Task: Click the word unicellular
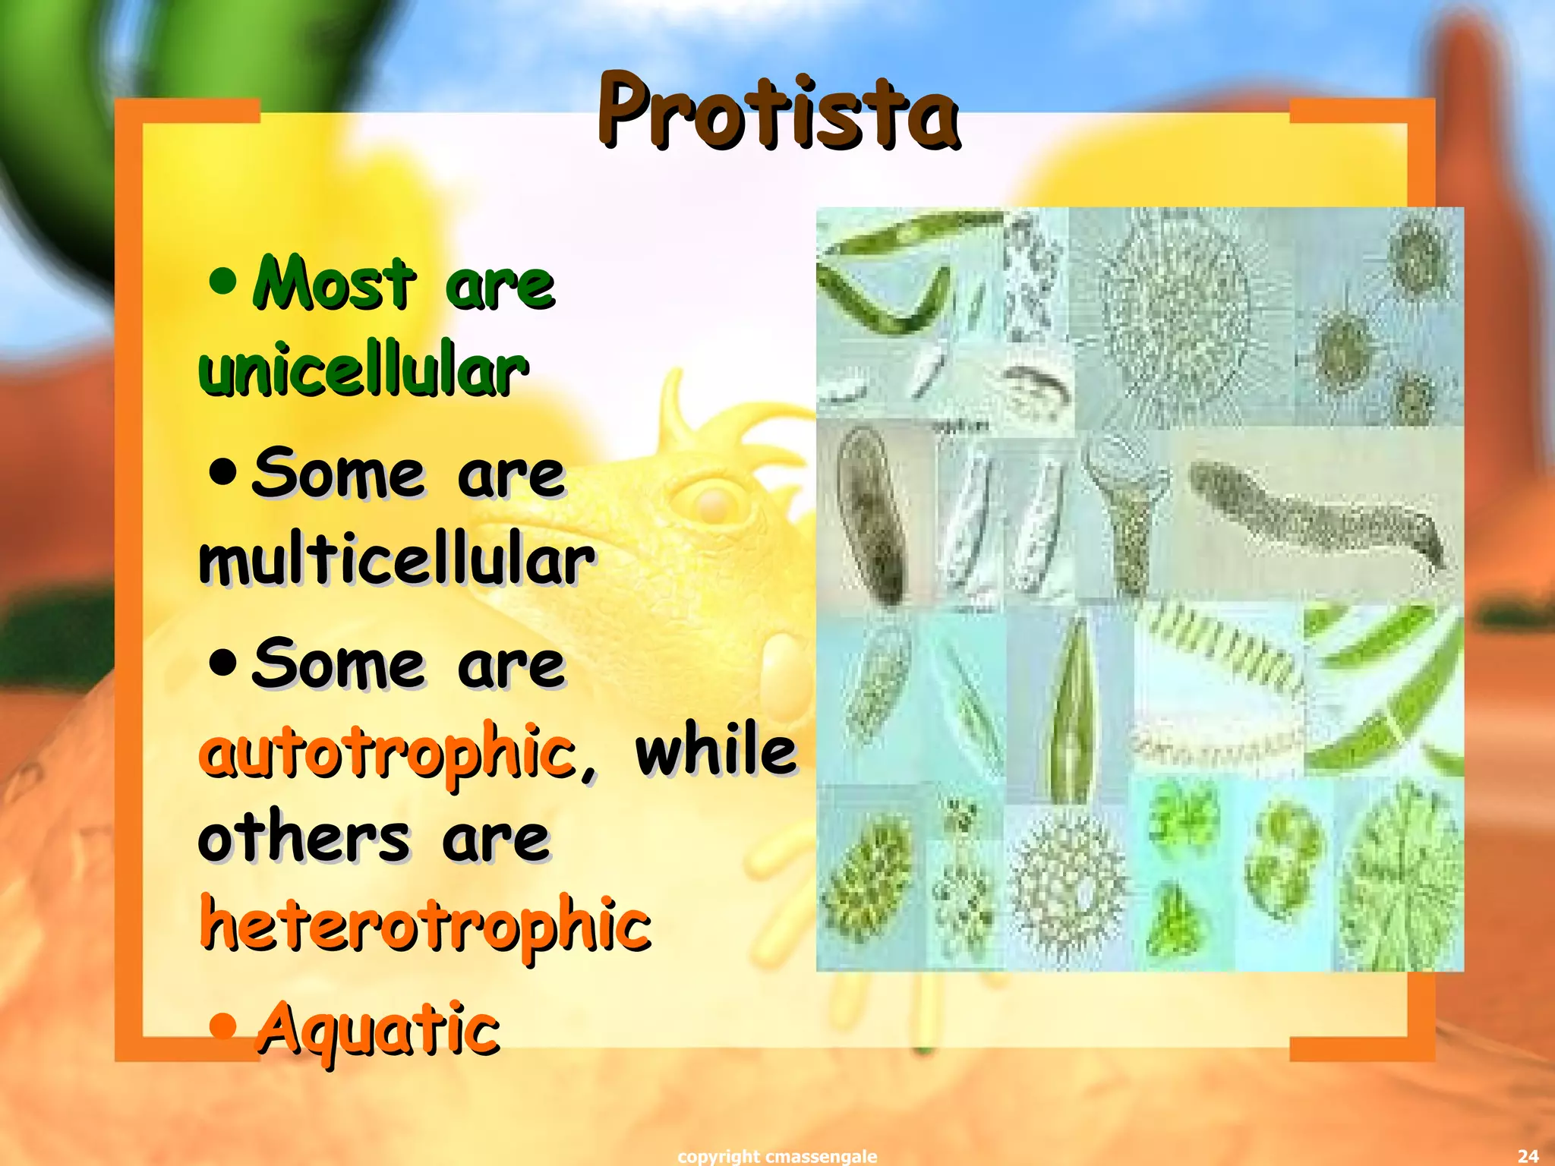[x=363, y=370]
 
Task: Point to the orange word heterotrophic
[x=425, y=924]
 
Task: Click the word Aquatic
[x=378, y=1029]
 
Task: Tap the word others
[x=304, y=838]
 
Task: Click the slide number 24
[x=1528, y=1155]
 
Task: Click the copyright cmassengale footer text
[x=777, y=1155]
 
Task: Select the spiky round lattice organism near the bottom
[x=1067, y=884]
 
